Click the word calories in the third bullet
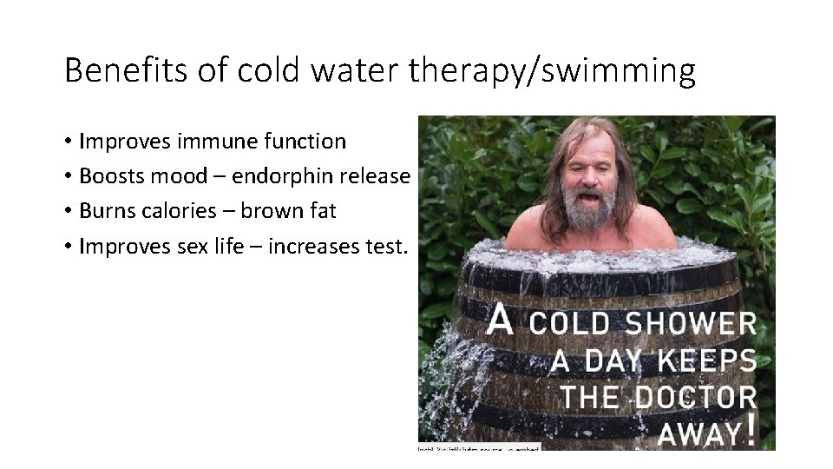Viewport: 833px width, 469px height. point(176,211)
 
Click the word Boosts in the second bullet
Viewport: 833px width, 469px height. point(111,176)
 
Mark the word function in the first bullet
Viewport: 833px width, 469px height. point(307,142)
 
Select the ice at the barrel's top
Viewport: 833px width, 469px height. point(599,253)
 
